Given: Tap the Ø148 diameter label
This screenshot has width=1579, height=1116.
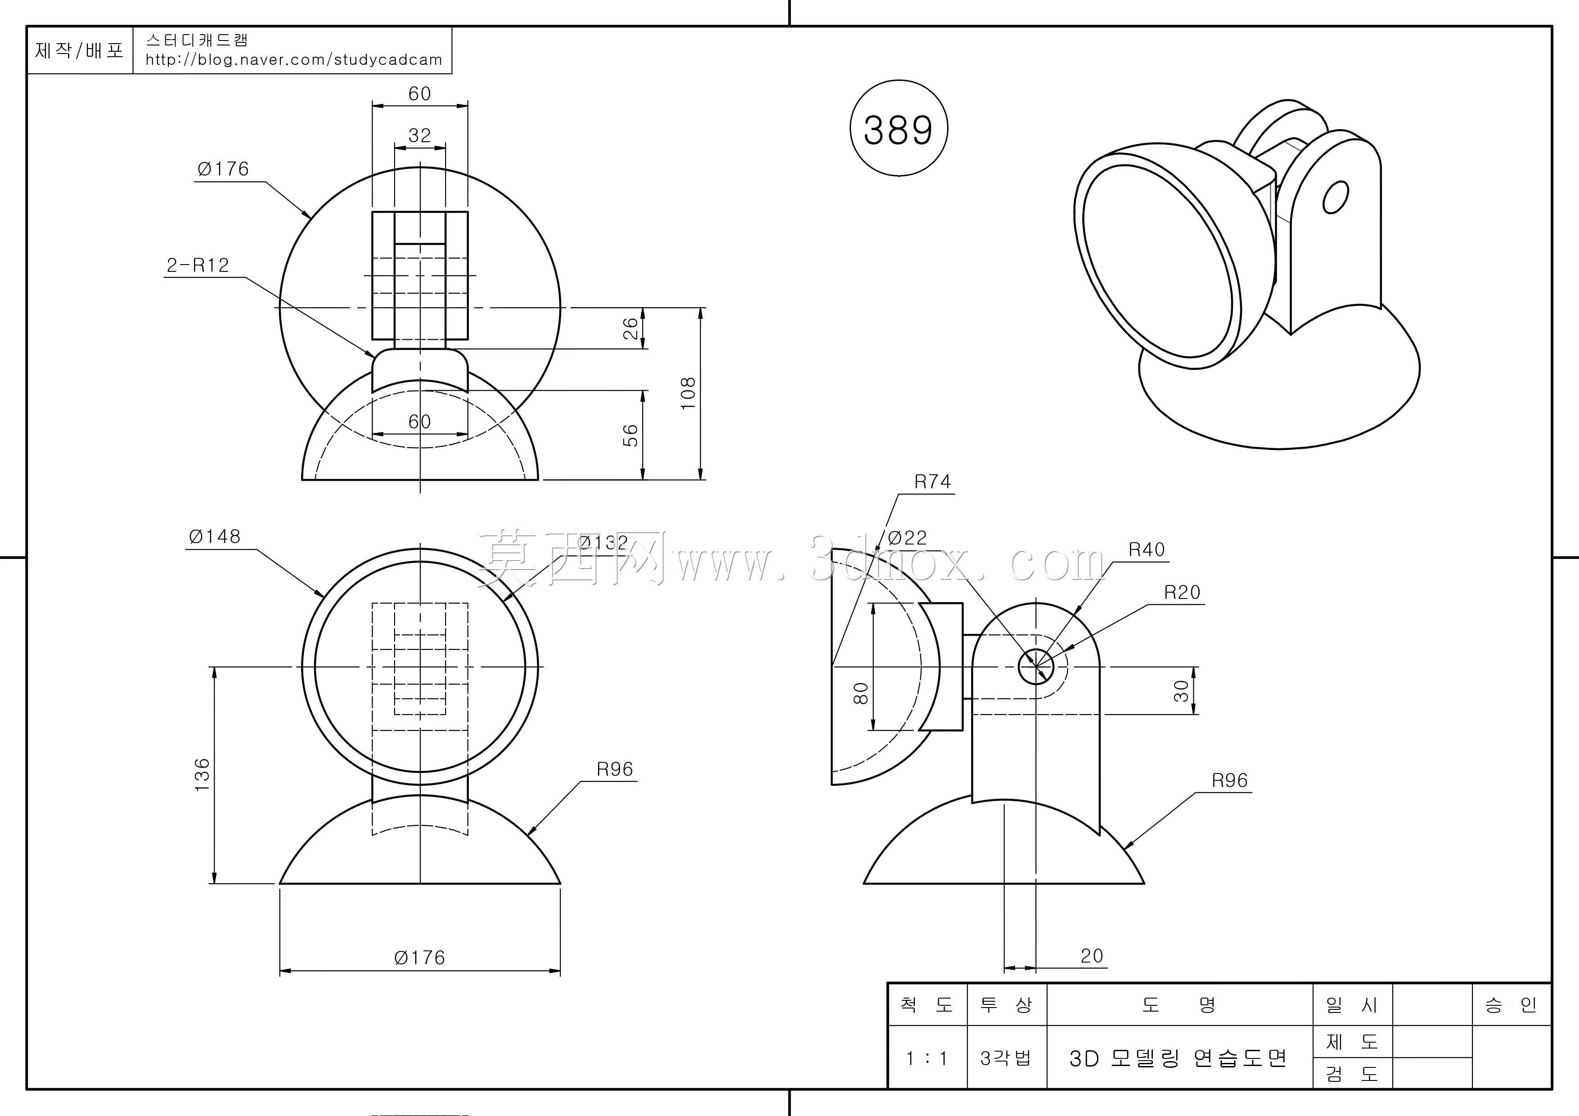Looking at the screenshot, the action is [x=215, y=536].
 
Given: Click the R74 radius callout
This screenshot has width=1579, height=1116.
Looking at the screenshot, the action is [x=932, y=482].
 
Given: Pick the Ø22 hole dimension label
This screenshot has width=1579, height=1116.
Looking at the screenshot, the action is [x=907, y=538].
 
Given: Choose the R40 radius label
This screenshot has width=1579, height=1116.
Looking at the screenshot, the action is [x=1147, y=550].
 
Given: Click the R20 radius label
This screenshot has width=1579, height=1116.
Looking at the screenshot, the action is [x=1182, y=593].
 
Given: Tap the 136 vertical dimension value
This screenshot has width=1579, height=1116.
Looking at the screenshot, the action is [x=202, y=775].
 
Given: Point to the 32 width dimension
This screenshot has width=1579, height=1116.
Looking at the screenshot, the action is [x=419, y=135].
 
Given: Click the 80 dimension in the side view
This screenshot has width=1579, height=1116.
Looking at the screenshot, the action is [x=860, y=693].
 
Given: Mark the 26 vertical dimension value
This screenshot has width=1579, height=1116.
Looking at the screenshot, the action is [x=630, y=328].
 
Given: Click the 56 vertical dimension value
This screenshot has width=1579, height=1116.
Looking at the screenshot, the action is [x=630, y=435].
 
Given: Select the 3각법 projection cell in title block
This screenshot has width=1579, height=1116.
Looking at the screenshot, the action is [x=1006, y=1057].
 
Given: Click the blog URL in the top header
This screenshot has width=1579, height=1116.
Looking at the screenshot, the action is [x=294, y=60].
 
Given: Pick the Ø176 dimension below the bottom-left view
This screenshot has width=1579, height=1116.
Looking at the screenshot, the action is [x=419, y=957].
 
